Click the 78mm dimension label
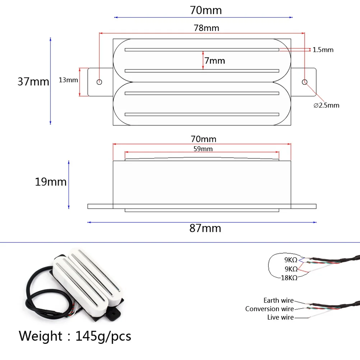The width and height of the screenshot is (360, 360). pyautogui.click(x=206, y=28)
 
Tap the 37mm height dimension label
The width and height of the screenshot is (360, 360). pyautogui.click(x=33, y=82)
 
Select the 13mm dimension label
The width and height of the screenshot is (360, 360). pyautogui.click(x=68, y=80)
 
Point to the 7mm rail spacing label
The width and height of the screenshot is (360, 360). pyautogui.click(x=215, y=61)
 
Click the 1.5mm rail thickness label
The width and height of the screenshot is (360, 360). pyautogui.click(x=323, y=50)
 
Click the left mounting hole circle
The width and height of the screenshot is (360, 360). pyautogui.click(x=100, y=82)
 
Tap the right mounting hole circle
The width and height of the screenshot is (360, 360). pyautogui.click(x=305, y=82)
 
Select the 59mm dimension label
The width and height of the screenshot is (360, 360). pyautogui.click(x=203, y=148)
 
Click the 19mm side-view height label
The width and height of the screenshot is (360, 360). pyautogui.click(x=51, y=182)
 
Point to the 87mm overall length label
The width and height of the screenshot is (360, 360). pyautogui.click(x=205, y=228)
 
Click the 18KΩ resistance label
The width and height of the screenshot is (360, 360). pyautogui.click(x=289, y=278)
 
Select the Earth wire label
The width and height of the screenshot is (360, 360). pyautogui.click(x=278, y=300)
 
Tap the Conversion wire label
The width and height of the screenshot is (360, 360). pyautogui.click(x=269, y=309)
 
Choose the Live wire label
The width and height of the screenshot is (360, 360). pyautogui.click(x=280, y=317)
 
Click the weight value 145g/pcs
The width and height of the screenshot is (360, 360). pyautogui.click(x=103, y=336)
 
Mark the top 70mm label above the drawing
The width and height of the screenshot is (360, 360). pyautogui.click(x=206, y=10)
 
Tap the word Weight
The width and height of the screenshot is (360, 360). pyautogui.click(x=40, y=336)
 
